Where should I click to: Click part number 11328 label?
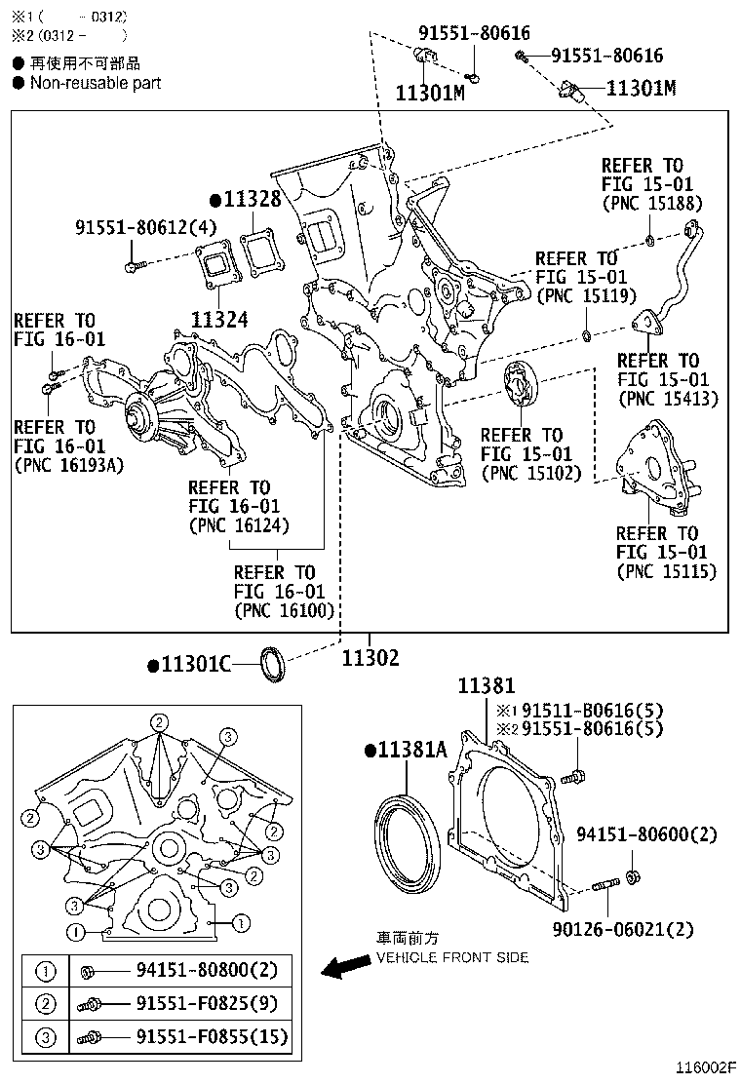click(252, 200)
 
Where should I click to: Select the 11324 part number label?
click(219, 319)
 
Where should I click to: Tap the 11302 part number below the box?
click(370, 658)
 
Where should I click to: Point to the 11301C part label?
click(195, 665)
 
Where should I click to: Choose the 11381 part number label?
click(487, 686)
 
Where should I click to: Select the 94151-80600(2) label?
click(646, 834)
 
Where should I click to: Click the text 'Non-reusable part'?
click(96, 83)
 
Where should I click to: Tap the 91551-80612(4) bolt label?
click(146, 228)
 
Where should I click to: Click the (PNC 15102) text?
click(531, 473)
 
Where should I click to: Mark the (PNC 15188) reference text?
click(651, 204)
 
